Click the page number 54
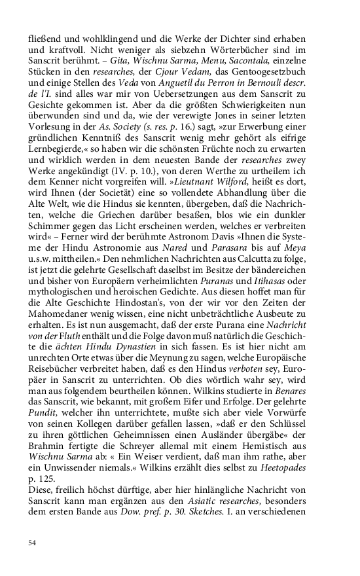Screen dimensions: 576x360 (x=32, y=543)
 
